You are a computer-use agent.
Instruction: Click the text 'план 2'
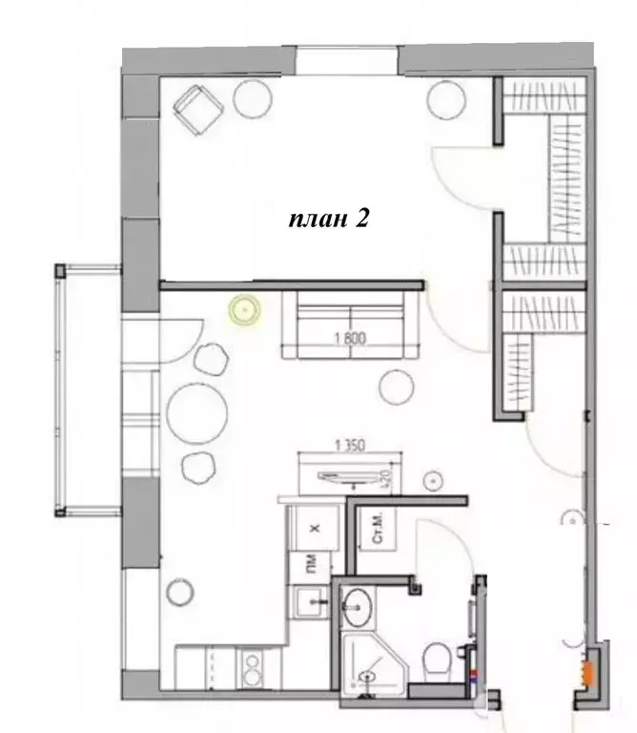pyautogui.click(x=329, y=219)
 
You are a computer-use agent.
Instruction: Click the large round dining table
pyautogui.click(x=198, y=411)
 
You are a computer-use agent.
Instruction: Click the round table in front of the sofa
pyautogui.click(x=397, y=386)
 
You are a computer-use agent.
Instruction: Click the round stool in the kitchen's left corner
pyautogui.click(x=179, y=593)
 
